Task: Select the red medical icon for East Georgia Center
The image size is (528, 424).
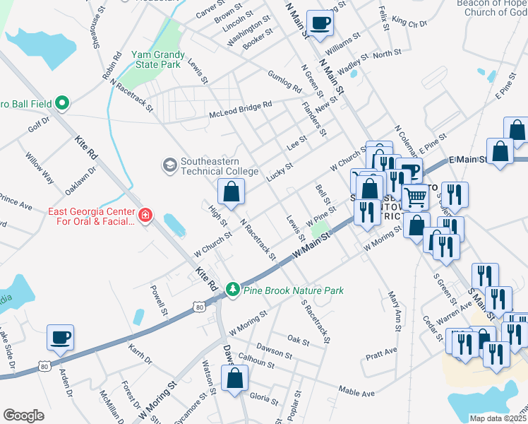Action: tap(145, 214)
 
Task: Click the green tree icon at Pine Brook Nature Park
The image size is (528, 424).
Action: tap(232, 290)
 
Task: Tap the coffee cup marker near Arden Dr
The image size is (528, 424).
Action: tap(61, 337)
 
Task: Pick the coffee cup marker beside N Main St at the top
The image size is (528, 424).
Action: tap(320, 23)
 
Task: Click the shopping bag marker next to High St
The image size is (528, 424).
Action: tap(231, 191)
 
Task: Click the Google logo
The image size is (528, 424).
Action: tap(24, 416)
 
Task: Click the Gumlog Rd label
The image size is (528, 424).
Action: tap(284, 81)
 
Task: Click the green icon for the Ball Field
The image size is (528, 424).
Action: tap(61, 104)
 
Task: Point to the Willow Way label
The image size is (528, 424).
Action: tap(39, 167)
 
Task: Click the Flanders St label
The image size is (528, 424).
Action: tap(313, 120)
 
